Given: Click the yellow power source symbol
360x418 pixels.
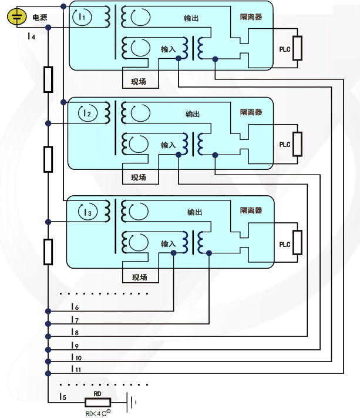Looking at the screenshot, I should [18, 18].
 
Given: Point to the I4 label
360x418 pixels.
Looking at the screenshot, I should [31, 36].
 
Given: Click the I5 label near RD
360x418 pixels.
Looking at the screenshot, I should [62, 397].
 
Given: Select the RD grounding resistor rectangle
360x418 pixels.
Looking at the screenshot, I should [98, 403].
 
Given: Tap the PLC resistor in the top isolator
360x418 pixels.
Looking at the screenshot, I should [298, 48].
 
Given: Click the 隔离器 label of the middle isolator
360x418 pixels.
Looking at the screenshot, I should [251, 112].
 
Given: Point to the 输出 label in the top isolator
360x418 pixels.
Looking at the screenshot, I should [192, 18].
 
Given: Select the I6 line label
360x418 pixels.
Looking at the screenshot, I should [75, 307].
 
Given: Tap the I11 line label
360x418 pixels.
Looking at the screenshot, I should [76, 369].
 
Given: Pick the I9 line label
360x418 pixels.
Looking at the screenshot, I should [75, 345].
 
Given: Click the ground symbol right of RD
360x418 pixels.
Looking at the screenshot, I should [133, 403].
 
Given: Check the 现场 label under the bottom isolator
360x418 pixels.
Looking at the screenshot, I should [139, 277].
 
